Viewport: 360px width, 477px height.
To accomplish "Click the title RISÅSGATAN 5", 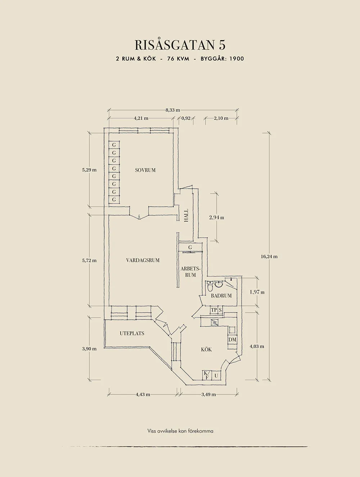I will pos(180,45).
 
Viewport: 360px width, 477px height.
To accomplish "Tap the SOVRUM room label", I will pos(145,170).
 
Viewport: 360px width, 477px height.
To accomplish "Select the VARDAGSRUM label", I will pos(143,260).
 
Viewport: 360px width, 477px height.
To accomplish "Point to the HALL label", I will pos(186,215).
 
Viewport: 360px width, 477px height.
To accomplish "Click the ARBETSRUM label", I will pos(190,272).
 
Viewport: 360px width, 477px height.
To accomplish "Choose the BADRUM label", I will pos(221,296).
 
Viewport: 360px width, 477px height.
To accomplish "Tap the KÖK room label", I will pos(206,349).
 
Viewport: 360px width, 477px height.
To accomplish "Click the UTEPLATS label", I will pos(132,333).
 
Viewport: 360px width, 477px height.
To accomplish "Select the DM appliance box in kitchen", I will pos(232,340).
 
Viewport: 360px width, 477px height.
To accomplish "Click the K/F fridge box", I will pos(207,375).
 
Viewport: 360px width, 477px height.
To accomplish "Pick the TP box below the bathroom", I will pos(214,310).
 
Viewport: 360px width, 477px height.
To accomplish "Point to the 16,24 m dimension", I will pos(269,256).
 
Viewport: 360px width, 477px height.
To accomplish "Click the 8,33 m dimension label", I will pos(173,110).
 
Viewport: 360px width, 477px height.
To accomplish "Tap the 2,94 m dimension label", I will pos(217,218).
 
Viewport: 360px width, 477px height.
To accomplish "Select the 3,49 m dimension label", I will pos(209,394).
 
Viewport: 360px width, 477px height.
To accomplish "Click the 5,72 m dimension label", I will pos(89,260).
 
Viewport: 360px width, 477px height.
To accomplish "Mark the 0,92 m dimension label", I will pos(186,118).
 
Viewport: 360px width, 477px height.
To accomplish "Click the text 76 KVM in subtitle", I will pos(178,59).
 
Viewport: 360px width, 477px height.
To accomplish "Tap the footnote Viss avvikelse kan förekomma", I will pos(180,431).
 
